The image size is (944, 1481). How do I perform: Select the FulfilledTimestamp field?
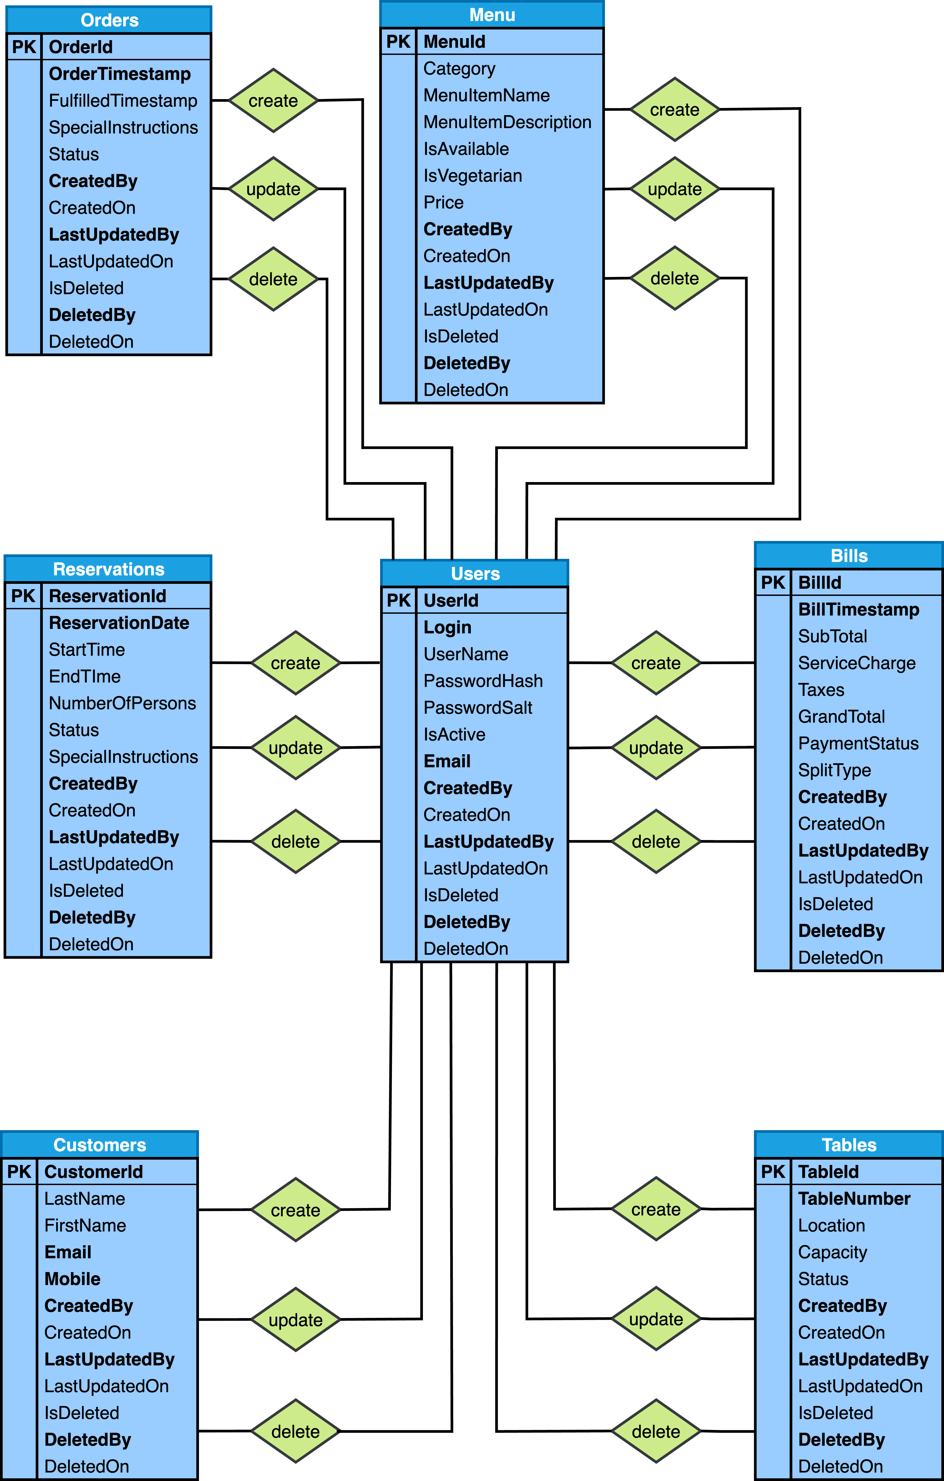coord(123,101)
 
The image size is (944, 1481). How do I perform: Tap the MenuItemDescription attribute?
coord(507,122)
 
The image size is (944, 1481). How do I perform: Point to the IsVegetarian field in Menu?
coord(473,176)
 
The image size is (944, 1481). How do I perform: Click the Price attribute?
coord(443,202)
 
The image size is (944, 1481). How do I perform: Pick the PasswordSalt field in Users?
coord(478,708)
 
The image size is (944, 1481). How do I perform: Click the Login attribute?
coord(447,627)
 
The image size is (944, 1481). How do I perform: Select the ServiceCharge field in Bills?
coord(857,663)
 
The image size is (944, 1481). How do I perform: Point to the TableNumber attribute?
coord(854,1199)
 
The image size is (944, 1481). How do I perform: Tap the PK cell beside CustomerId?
coord(19,1172)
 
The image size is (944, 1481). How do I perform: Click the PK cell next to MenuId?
coord(398,42)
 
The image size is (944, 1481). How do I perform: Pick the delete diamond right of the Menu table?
coord(674,279)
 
